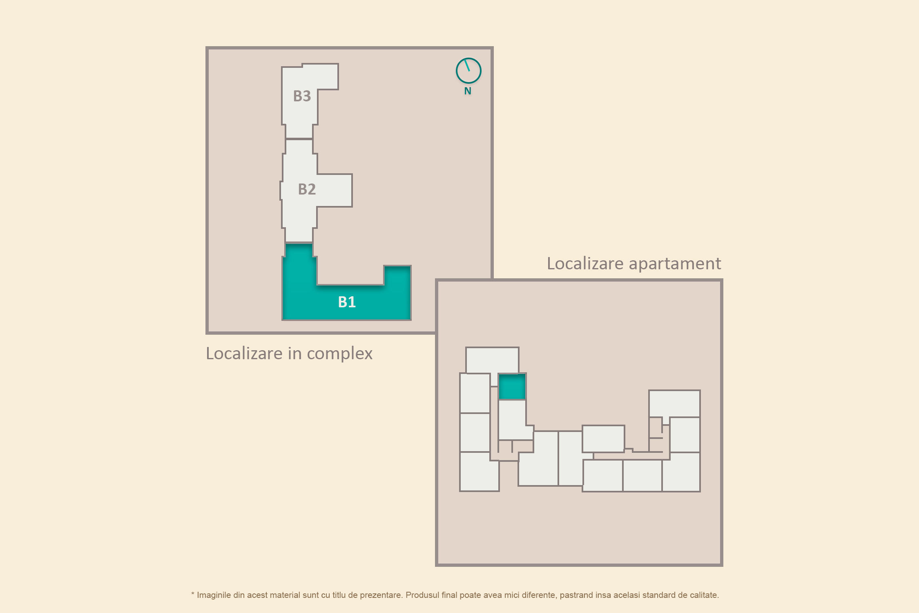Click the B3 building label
(x=302, y=96)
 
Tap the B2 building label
(x=307, y=189)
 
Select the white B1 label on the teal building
(x=347, y=302)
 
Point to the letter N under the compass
(x=468, y=91)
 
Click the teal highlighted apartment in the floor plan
(x=512, y=387)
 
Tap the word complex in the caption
(x=339, y=354)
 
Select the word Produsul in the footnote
(x=422, y=595)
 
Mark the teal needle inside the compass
(x=467, y=65)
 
